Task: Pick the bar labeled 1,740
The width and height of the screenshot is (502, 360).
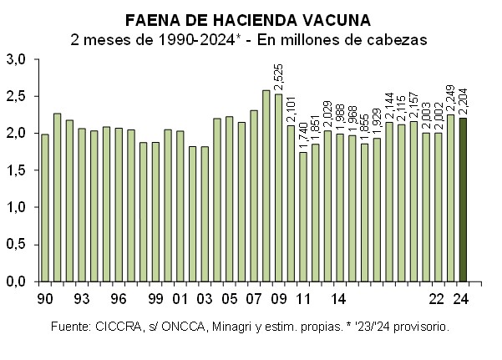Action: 302,216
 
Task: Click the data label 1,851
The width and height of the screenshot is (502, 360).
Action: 315,125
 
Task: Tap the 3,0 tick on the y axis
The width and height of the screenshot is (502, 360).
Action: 17,59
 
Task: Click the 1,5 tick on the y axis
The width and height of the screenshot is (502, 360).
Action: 17,170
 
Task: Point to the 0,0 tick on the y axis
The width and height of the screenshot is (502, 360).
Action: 17,281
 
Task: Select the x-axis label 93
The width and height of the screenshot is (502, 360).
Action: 82,298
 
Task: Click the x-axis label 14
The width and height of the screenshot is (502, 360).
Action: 339,298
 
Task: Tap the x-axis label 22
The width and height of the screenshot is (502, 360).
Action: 437,298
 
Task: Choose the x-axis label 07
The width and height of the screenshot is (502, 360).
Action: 253,298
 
